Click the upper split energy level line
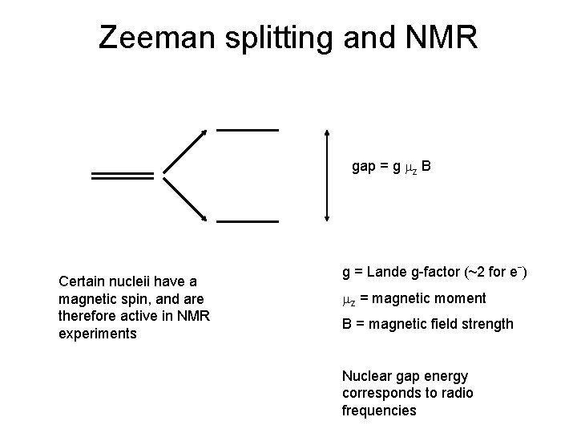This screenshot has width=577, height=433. point(248,130)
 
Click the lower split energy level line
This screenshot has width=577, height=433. point(248,221)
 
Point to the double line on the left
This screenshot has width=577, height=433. point(123,176)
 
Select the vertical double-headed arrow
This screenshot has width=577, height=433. point(326,175)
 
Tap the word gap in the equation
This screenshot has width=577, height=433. point(365,168)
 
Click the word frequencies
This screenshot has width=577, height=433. point(379,411)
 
